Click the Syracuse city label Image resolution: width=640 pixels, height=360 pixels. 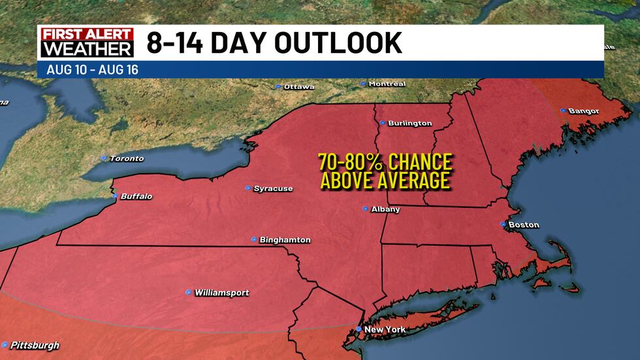pos(273,189)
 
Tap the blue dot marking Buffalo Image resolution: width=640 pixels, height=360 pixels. pos(116,196)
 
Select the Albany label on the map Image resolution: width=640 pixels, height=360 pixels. pos(385,209)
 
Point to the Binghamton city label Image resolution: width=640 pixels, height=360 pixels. pos(285,240)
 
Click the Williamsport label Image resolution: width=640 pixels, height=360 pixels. pos(221,293)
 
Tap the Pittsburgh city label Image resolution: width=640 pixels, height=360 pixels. pos(35,345)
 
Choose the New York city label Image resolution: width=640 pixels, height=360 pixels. pos(385,329)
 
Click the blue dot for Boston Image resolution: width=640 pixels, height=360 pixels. pos(503,224)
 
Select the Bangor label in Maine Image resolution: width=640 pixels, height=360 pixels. pos(583,111)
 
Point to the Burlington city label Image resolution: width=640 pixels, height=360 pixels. pos(409,123)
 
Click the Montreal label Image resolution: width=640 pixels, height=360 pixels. pos(387,84)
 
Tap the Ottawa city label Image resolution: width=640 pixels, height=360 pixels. pos(300,86)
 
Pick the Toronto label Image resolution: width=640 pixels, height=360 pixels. pos(126,158)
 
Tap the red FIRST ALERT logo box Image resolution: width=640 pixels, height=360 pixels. pos(86,34)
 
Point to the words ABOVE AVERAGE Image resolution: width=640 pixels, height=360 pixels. pos(385,180)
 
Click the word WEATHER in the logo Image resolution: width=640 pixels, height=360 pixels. pos(86,50)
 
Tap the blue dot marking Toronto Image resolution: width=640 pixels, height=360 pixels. pos(103,158)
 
